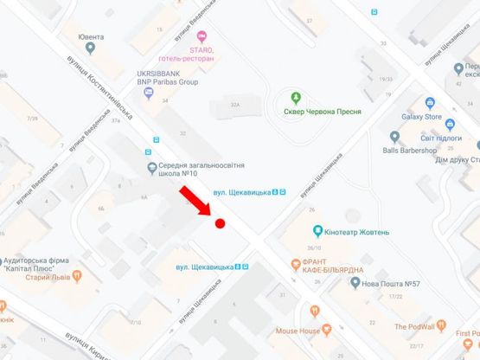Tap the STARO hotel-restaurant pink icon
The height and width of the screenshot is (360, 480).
coord(202,35)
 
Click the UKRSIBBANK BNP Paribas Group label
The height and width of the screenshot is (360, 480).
coord(168,77)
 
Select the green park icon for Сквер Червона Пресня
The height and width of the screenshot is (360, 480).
coord(296,96)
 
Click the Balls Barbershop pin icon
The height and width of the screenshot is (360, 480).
coord(394,136)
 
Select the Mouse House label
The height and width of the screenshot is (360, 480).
coord(298,331)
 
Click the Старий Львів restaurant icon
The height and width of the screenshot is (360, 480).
coord(76,276)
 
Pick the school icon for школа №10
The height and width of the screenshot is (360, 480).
coord(152,167)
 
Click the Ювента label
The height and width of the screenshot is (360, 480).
coord(90,37)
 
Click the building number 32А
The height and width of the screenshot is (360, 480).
coord(234,104)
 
